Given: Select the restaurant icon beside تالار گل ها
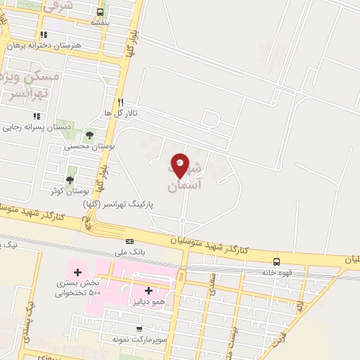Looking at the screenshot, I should pyautogui.click(x=120, y=102).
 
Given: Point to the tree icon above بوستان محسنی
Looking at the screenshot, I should pyautogui.click(x=89, y=135).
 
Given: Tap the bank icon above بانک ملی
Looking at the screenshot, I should pyautogui.click(x=129, y=241).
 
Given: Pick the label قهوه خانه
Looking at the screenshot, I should pyautogui.click(x=276, y=272).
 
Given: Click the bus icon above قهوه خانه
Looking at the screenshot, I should pyautogui.click(x=276, y=262).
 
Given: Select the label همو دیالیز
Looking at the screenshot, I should pyautogui.click(x=148, y=301).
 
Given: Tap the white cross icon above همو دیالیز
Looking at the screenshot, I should pyautogui.click(x=148, y=290).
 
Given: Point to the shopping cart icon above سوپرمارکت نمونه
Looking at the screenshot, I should pyautogui.click(x=139, y=328).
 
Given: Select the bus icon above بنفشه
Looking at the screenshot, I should pyautogui.click(x=100, y=12).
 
